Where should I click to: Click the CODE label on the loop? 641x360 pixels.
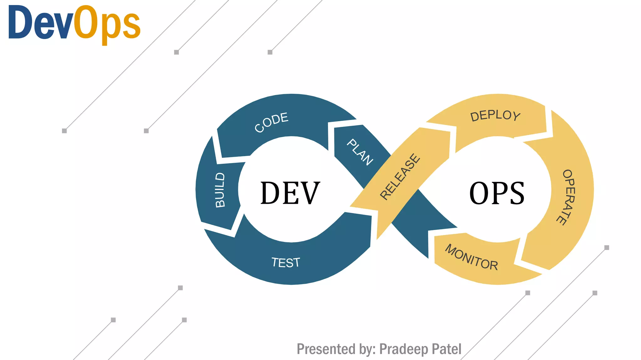point(271,122)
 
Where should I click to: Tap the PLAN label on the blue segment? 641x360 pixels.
point(360,152)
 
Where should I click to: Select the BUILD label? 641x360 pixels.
point(220,190)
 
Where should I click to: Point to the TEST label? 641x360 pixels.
point(285,262)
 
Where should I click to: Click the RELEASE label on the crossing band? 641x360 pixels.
point(400,177)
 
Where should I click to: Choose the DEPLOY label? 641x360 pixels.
point(495,116)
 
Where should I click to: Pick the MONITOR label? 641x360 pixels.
point(471,257)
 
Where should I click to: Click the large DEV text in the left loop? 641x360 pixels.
point(290,193)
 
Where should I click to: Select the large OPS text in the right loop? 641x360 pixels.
point(497,193)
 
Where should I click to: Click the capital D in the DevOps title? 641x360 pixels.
point(20,22)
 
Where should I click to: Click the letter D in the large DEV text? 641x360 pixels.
point(271,193)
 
